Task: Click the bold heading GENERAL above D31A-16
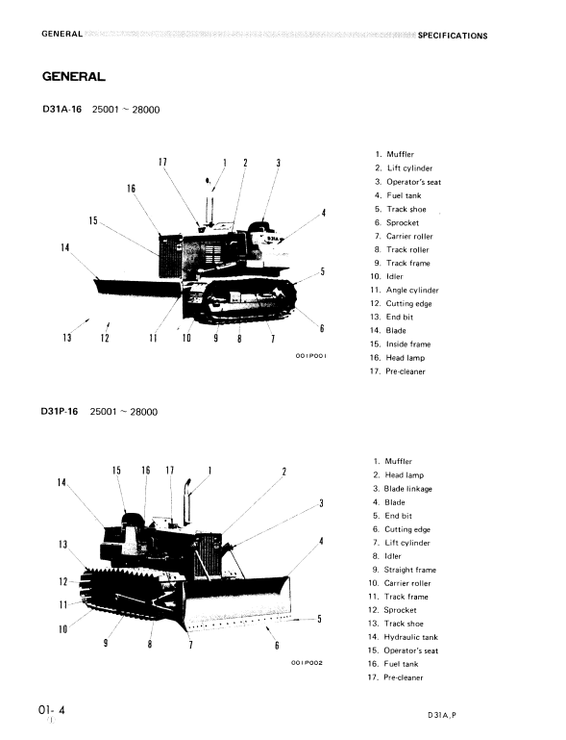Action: point(74,76)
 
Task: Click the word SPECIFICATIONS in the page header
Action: point(453,36)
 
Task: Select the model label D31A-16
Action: point(62,109)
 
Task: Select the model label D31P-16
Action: point(60,411)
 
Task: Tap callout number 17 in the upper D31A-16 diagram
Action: point(162,163)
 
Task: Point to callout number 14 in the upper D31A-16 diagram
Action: point(65,247)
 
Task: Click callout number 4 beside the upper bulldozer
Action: point(323,213)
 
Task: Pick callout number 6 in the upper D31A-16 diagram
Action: point(322,328)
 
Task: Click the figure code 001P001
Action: point(310,356)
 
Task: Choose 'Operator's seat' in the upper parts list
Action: point(414,182)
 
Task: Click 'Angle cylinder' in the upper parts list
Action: point(412,291)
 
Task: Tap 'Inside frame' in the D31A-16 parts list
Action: point(408,344)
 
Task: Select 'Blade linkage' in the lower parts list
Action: point(407,489)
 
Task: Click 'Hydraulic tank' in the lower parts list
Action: point(411,637)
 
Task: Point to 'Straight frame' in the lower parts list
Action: point(410,570)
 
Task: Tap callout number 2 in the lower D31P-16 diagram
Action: point(284,472)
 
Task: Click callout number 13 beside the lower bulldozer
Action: point(62,545)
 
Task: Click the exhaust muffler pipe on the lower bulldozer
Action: point(187,501)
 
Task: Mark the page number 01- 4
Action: point(52,710)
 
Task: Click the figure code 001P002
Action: point(307,663)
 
